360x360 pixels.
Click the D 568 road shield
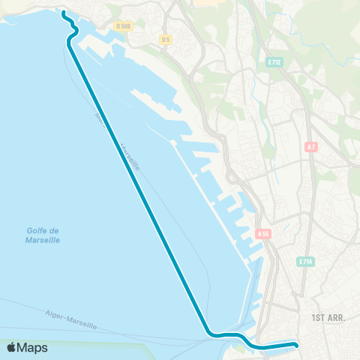[x=124, y=25]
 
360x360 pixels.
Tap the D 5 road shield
[x=166, y=39]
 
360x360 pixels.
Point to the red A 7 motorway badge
[x=311, y=148]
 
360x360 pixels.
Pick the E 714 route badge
[x=304, y=261]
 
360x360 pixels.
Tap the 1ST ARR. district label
[x=328, y=318]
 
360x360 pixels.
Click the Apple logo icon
[x=11, y=347]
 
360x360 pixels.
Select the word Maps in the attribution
[x=32, y=347]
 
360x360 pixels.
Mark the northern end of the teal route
[x=62, y=13]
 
